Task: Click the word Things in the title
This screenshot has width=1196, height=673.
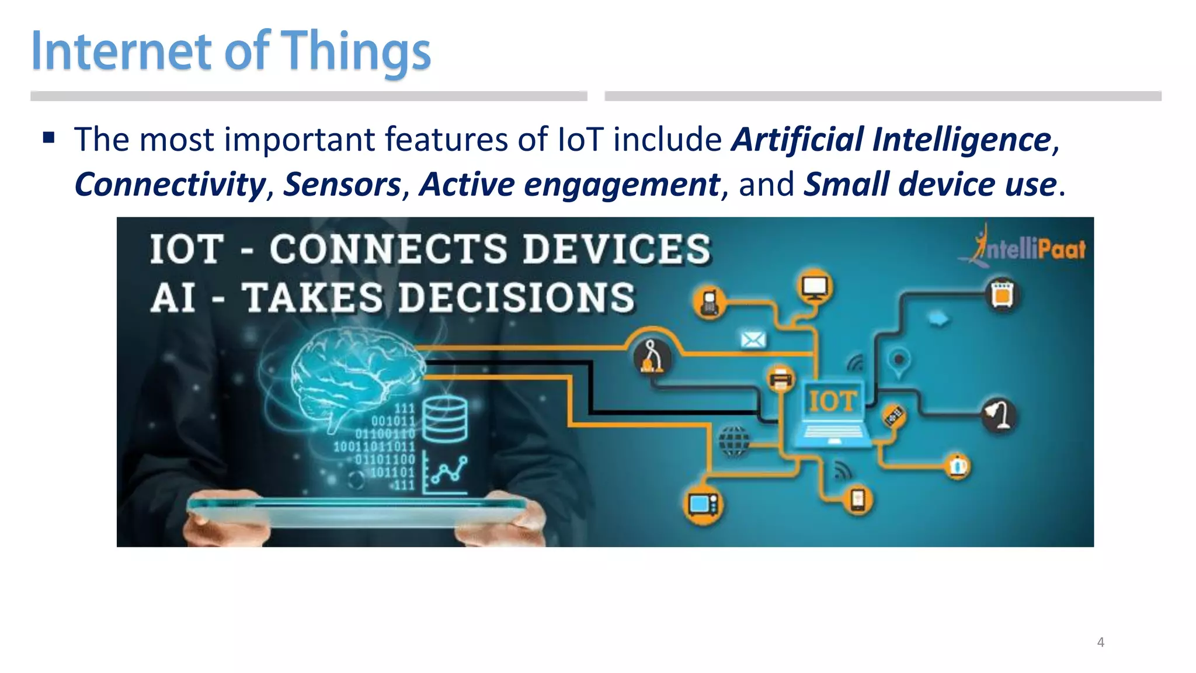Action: (x=357, y=51)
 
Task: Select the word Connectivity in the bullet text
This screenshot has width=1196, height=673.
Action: (x=170, y=185)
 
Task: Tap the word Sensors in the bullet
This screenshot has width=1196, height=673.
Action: (x=342, y=185)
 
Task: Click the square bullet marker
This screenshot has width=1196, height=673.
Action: (x=49, y=138)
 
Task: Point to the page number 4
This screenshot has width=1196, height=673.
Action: (x=1100, y=642)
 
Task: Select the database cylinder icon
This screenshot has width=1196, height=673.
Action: (x=444, y=419)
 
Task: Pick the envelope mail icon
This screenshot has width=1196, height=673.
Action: (x=753, y=339)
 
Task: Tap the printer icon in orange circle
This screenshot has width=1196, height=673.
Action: (x=781, y=379)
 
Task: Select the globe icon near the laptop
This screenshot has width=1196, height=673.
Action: (x=734, y=441)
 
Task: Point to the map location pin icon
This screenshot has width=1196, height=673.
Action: (x=899, y=361)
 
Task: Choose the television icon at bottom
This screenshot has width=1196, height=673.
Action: (x=703, y=504)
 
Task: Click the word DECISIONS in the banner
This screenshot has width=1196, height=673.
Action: (x=516, y=297)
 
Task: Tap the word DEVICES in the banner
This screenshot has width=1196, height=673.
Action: (x=617, y=249)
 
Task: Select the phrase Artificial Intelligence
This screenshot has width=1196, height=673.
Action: (x=891, y=140)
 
